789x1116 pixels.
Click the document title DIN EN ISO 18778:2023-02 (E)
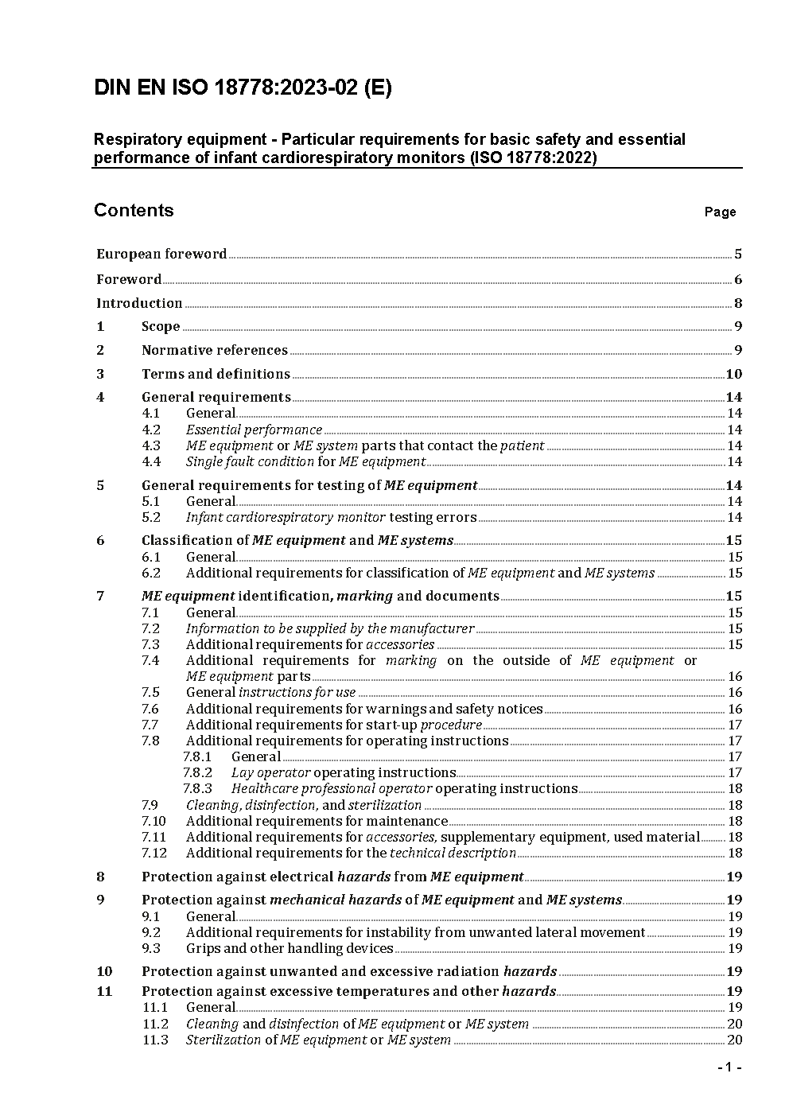243,88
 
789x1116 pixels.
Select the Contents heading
134,211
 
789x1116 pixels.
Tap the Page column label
720,212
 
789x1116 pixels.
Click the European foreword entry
161,255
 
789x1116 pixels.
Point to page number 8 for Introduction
738,303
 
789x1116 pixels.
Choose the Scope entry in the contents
161,327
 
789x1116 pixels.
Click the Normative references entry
214,351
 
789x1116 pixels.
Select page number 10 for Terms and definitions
734,375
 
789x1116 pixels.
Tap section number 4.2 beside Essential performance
151,430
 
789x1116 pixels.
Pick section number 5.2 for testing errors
151,518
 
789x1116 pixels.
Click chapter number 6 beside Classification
100,541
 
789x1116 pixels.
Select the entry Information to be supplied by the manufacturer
329,629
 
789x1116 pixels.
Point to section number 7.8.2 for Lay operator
197,773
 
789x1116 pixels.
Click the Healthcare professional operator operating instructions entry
404,789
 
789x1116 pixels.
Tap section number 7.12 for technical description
154,854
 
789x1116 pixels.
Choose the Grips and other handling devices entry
290,949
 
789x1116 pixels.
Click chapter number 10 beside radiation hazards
104,972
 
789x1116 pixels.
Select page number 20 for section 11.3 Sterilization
735,1040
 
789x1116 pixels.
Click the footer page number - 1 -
729,1067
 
